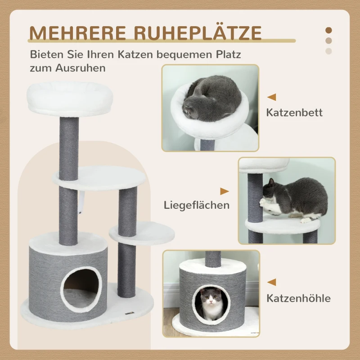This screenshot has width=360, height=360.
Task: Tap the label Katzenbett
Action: tap(294, 112)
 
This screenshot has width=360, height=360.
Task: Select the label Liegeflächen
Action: tap(197, 205)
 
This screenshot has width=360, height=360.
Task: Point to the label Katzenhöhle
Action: tap(298, 298)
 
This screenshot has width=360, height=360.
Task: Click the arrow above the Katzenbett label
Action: tap(271, 97)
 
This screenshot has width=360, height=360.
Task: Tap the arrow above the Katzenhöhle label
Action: tap(271, 282)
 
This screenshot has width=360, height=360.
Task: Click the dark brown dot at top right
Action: tap(328, 30)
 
